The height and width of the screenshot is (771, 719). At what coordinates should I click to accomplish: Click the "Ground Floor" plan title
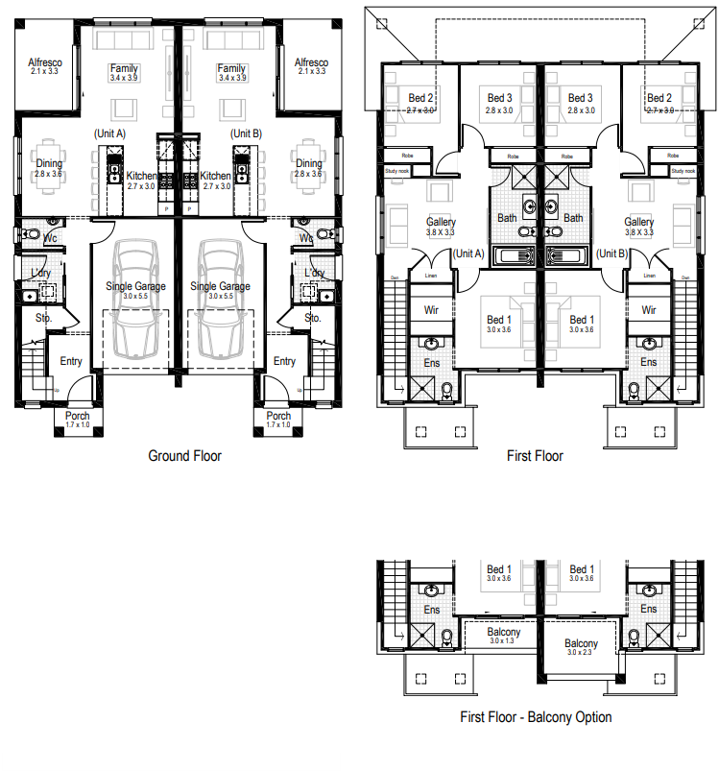(x=184, y=455)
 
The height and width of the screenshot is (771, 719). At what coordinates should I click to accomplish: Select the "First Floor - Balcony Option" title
(x=536, y=716)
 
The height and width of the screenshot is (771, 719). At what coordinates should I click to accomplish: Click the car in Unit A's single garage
(x=134, y=298)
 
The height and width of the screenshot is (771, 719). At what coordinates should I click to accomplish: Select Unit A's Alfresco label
(x=44, y=65)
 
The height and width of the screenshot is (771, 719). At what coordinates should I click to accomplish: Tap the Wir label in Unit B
(x=649, y=310)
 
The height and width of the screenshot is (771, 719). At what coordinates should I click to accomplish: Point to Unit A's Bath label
(x=507, y=218)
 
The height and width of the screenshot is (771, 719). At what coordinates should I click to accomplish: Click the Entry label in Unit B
(x=284, y=361)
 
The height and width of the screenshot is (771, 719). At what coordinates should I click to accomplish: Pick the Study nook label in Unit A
(x=397, y=171)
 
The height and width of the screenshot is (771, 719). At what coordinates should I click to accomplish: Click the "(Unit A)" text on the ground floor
(x=109, y=133)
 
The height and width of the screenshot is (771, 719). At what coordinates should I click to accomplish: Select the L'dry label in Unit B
(x=314, y=273)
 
